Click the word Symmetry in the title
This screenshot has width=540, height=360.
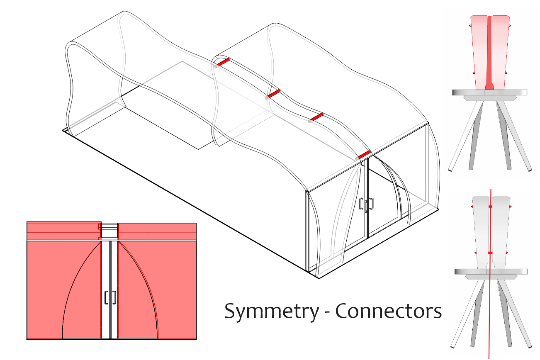coord(272,311)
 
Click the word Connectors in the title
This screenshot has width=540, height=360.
coord(388,311)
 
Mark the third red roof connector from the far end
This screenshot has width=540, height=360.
coord(316,117)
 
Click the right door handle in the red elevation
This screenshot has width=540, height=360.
coord(114,297)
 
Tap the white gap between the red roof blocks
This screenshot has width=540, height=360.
coord(109,231)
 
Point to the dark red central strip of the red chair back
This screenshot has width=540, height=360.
coord(490,50)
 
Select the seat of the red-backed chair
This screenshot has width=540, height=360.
coord(490,92)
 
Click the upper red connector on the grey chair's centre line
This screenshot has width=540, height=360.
coord(490,206)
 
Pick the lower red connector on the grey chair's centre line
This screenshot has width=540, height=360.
coord(490,252)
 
